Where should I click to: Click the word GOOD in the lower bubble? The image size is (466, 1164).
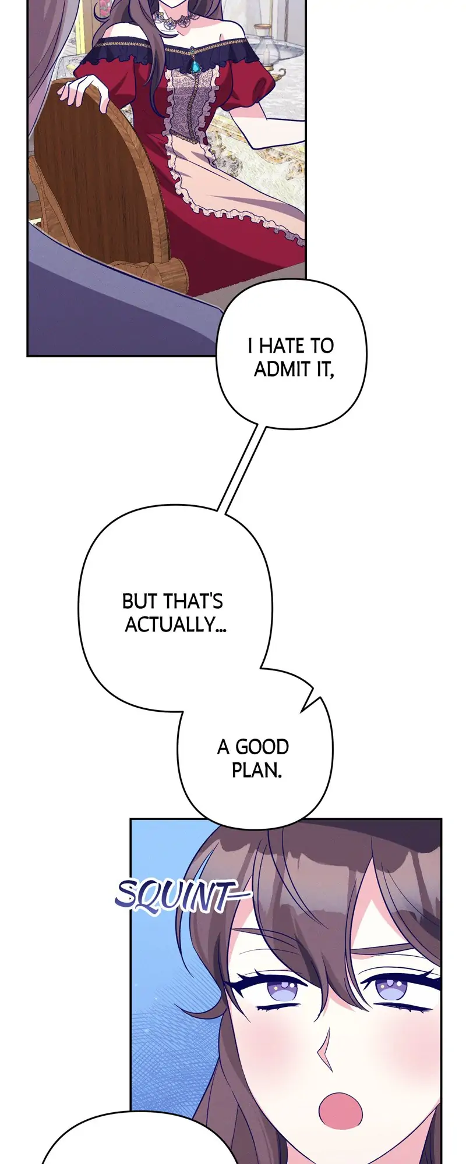coord(262,747)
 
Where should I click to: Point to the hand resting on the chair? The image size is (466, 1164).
coord(87,93)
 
